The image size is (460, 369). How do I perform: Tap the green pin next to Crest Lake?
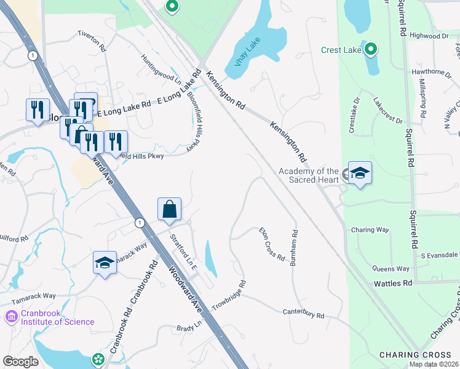point(370,49)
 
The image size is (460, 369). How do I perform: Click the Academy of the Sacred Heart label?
point(309,175)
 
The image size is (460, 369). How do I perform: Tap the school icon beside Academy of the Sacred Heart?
point(360,173)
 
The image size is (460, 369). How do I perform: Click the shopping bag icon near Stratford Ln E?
point(170,210)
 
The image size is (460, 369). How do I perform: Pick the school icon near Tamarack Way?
point(105,263)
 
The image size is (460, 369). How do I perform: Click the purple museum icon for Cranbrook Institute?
point(10,317)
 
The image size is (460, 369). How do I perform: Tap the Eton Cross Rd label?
point(271,244)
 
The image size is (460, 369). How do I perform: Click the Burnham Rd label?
point(294,247)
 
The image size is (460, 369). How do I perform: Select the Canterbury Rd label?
point(303,314)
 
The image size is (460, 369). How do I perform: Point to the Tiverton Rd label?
point(92,41)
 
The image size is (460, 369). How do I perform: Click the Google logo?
point(20,361)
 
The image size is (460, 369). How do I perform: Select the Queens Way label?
point(391,269)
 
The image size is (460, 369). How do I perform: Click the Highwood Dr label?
point(429,36)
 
